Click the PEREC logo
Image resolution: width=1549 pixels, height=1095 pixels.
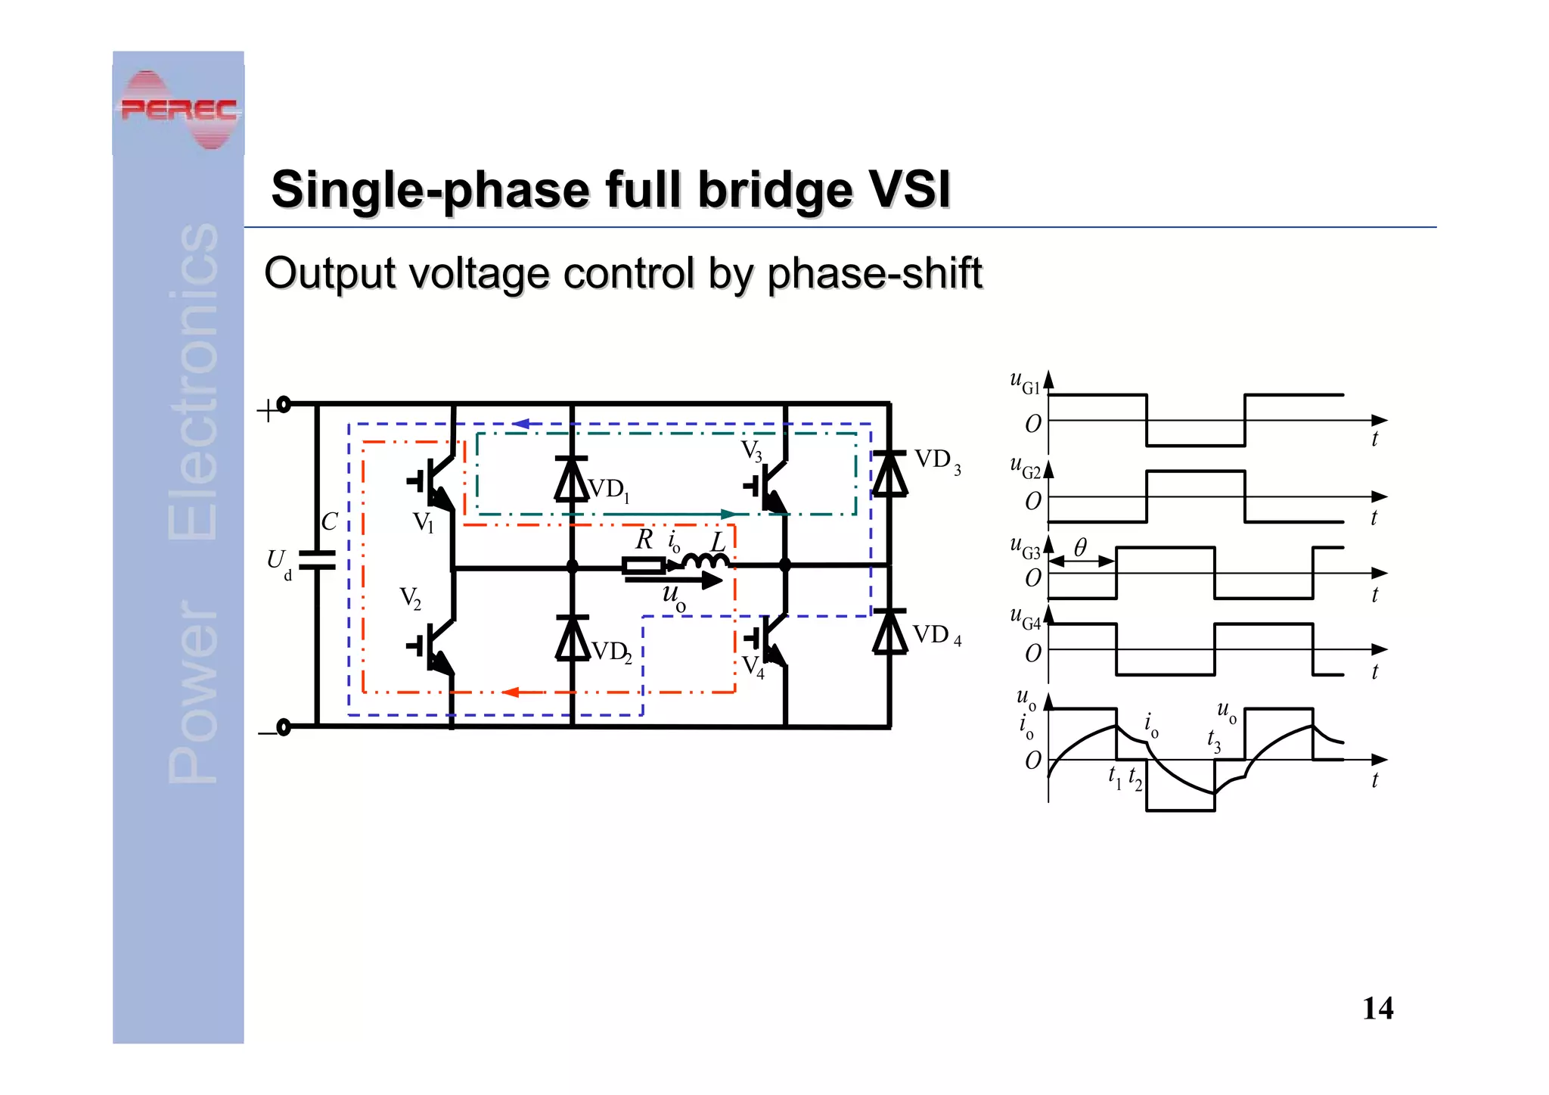[178, 109]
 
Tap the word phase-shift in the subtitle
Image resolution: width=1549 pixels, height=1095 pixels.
[874, 273]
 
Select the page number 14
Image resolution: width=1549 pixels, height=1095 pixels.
[1377, 1009]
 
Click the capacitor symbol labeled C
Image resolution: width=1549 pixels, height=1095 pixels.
[317, 560]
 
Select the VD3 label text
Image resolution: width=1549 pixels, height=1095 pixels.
[937, 460]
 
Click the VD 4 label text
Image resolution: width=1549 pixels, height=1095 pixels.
[936, 636]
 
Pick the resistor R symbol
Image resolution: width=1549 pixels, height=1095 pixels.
[644, 565]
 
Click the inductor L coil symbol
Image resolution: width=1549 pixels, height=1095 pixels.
[706, 561]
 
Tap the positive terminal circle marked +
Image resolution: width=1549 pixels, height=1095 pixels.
[284, 405]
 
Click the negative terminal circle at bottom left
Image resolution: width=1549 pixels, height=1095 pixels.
[284, 727]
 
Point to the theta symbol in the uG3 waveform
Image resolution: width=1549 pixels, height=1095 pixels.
[1080, 546]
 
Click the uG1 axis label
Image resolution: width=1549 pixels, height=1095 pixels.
[1025, 382]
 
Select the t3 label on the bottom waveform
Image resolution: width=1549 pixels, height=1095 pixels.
[1213, 739]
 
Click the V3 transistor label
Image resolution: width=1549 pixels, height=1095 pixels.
[751, 451]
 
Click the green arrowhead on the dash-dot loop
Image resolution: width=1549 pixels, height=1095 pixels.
[728, 515]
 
